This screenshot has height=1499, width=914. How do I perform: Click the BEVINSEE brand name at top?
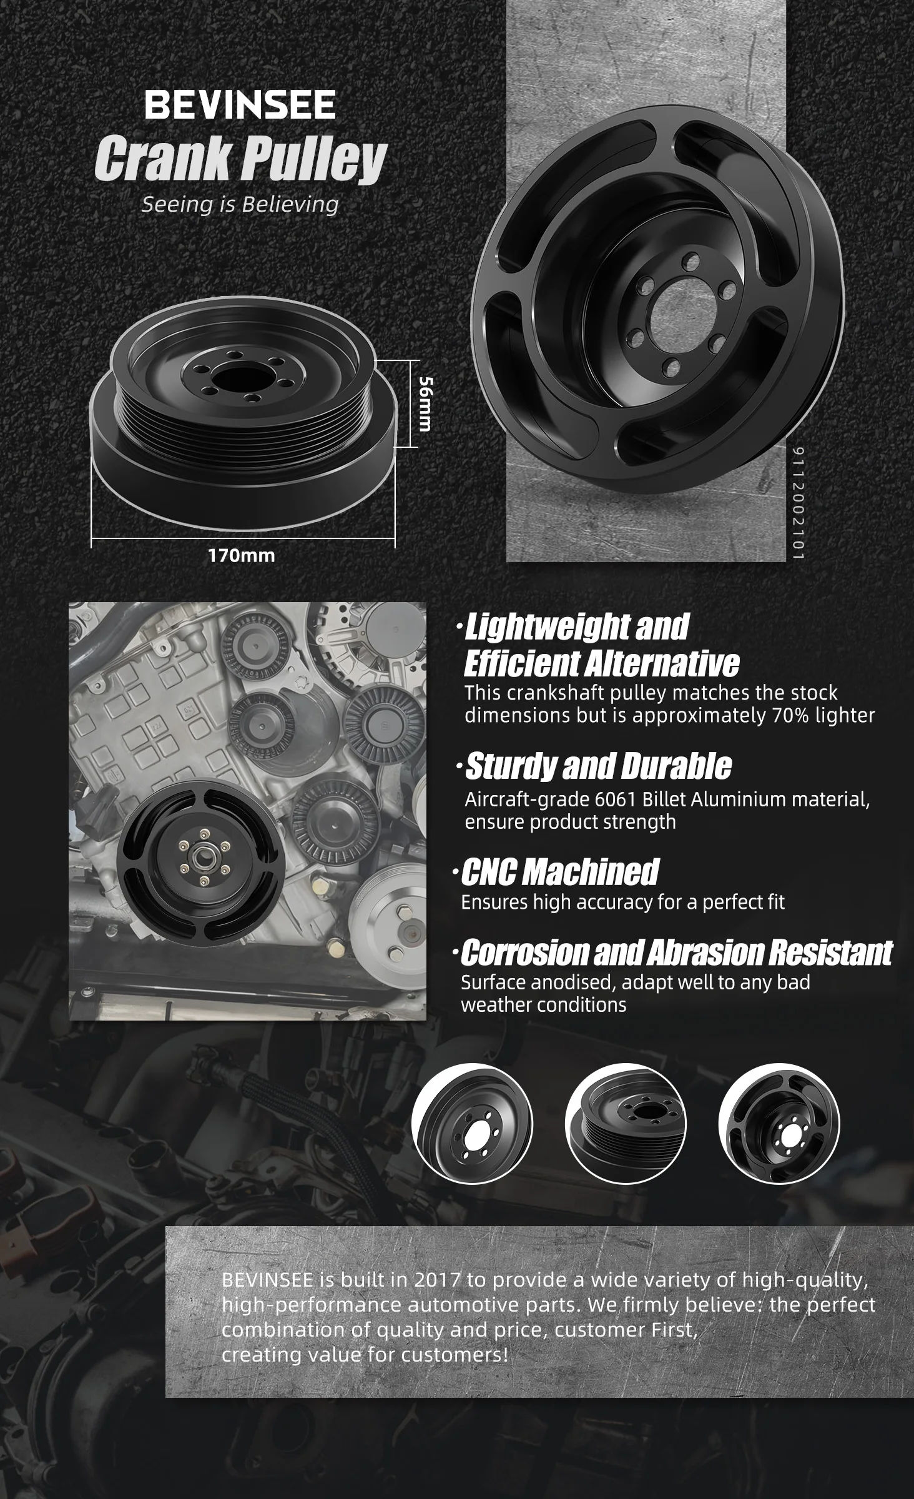[x=240, y=104]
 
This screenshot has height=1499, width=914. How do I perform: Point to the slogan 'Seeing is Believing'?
[x=240, y=204]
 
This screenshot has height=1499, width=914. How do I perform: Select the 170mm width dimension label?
[x=242, y=555]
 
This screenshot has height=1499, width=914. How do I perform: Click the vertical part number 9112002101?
[x=799, y=503]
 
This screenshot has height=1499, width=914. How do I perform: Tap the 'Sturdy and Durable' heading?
[x=598, y=766]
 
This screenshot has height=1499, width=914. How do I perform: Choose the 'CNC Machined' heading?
[x=558, y=872]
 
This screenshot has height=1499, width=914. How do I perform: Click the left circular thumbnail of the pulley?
[x=472, y=1124]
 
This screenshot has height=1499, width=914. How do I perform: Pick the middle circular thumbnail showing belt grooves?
[x=626, y=1124]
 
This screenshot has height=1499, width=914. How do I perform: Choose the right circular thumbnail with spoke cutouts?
[x=779, y=1124]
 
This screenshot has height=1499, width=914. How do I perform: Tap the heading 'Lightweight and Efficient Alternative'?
[x=601, y=645]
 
